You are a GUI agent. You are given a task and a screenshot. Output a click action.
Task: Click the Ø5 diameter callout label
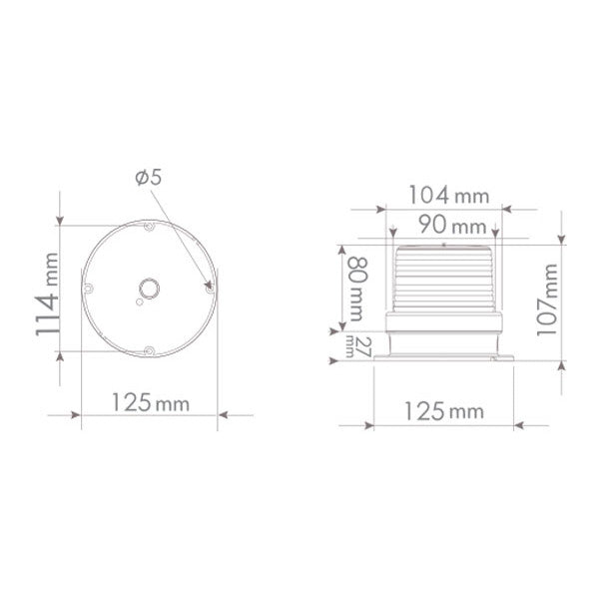coord(147,177)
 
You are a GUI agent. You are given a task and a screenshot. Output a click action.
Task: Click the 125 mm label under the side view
coord(443,410)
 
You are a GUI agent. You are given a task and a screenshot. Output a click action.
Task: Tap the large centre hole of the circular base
coord(150,290)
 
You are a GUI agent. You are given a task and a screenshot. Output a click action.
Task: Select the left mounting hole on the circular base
coord(88,290)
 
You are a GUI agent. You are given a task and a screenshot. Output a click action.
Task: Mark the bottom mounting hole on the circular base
coord(149,350)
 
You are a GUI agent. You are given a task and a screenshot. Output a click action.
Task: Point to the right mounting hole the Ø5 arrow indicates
coord(210,290)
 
